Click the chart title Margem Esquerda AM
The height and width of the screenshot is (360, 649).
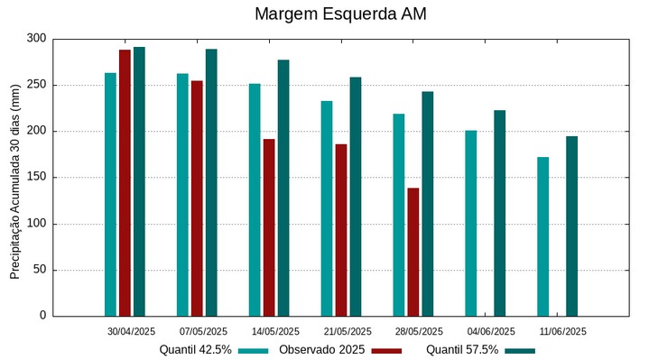[x=340, y=14]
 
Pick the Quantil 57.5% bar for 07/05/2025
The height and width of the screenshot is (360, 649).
[x=211, y=182]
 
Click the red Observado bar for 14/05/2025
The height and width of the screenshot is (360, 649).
[x=269, y=227]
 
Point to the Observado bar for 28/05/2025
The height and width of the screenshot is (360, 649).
[x=413, y=252]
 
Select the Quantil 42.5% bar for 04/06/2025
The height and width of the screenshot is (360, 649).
[x=470, y=223]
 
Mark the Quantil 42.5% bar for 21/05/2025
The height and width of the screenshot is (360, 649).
[x=327, y=208]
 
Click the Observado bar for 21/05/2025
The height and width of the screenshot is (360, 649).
[x=341, y=230]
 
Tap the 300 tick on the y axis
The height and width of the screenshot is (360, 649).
[x=36, y=39]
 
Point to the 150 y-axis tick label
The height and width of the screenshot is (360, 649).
[x=36, y=178]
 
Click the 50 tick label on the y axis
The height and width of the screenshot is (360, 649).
[x=39, y=270]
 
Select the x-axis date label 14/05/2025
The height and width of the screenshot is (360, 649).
[x=275, y=331]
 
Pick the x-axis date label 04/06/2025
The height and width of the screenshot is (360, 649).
[x=492, y=331]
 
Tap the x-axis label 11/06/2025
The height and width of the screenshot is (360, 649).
[x=563, y=331]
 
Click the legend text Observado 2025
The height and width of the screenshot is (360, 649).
[x=321, y=350]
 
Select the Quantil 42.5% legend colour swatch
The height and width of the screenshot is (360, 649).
[x=254, y=350]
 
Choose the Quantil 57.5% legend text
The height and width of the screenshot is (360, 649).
[x=462, y=350]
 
